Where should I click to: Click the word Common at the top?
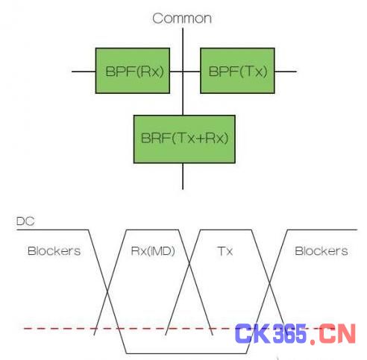182,19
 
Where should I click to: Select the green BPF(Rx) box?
133,71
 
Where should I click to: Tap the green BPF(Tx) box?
238,71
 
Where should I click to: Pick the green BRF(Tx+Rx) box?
184,139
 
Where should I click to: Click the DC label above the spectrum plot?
25,221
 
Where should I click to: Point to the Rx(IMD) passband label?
153,251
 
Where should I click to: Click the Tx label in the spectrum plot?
225,251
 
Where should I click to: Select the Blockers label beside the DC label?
54,251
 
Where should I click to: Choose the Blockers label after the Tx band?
321,251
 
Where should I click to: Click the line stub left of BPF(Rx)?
84,72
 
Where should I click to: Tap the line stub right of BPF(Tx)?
286,72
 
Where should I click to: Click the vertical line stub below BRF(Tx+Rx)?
183,177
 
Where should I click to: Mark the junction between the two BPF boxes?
183,72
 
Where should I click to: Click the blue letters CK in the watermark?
252,334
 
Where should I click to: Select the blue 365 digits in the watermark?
290,334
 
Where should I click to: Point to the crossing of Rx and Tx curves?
189,264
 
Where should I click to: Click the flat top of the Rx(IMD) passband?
152,230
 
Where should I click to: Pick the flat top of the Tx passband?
226,230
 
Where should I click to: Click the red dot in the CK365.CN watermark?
313,341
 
